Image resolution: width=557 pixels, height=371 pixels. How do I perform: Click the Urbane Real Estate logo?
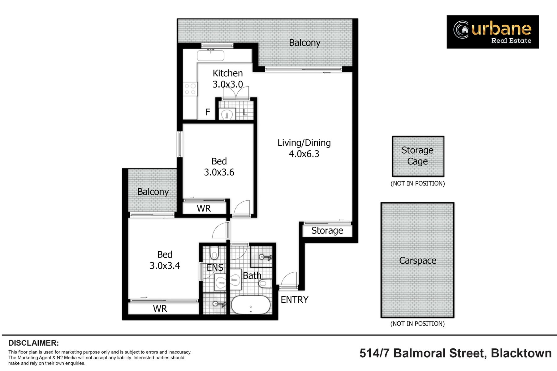[x=493, y=32]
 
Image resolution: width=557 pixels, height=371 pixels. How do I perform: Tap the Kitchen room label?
[x=228, y=73]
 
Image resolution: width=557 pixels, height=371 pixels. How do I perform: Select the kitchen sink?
[x=210, y=56]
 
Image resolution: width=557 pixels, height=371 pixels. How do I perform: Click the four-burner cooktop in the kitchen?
[x=190, y=89]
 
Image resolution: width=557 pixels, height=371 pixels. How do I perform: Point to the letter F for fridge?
[x=208, y=112]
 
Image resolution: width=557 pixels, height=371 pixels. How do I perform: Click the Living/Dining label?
[x=304, y=143]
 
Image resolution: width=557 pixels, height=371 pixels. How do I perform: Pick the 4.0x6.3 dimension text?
[x=304, y=154]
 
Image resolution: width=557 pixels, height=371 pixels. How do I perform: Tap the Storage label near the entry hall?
[x=327, y=231]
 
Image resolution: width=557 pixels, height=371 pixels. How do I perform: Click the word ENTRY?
[x=295, y=300]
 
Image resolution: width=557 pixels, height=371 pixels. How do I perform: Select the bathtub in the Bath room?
[x=251, y=305]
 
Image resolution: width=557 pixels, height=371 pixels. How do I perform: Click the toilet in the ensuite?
[x=214, y=252]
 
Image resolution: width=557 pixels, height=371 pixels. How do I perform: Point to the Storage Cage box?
[x=418, y=156]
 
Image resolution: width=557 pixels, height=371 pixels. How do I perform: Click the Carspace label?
[x=418, y=261]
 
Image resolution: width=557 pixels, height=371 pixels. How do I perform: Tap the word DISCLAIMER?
[x=33, y=343]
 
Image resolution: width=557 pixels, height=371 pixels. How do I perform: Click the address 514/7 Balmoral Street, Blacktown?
[x=456, y=353]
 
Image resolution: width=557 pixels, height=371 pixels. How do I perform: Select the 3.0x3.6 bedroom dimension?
[x=219, y=172]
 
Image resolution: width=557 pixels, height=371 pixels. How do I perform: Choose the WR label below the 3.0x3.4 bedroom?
[x=160, y=309]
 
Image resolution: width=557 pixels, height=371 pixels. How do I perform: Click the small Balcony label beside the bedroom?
[x=153, y=192]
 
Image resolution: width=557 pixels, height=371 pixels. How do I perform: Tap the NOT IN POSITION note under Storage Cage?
[x=418, y=183]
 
